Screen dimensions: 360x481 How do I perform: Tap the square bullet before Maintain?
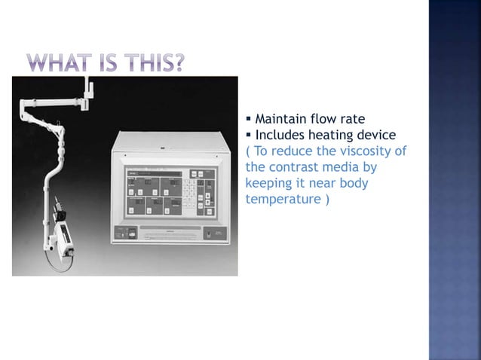(x=250, y=119)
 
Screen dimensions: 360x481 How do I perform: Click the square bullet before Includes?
(x=250, y=135)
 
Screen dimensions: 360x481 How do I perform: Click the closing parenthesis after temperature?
(x=326, y=200)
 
